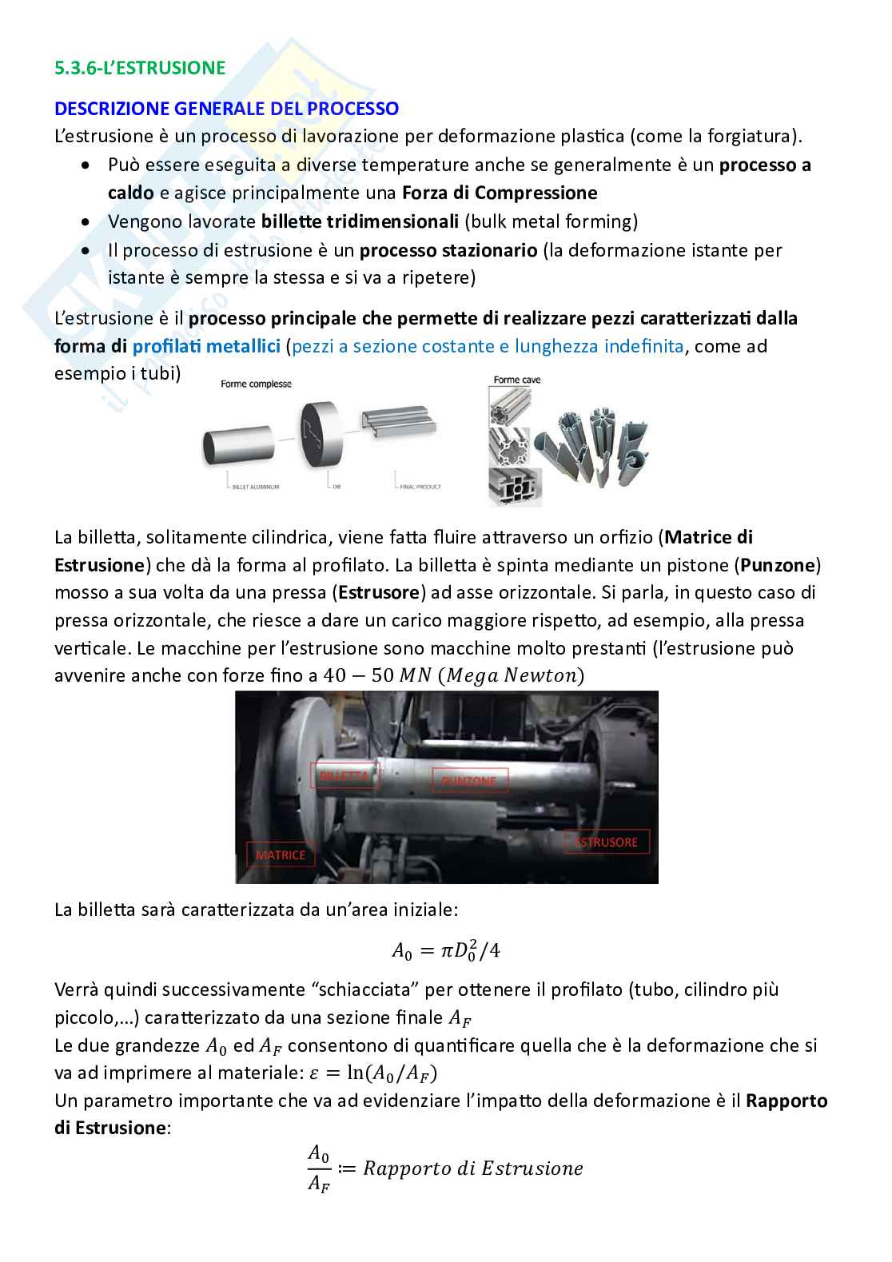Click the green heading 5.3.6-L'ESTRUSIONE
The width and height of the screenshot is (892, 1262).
click(x=140, y=68)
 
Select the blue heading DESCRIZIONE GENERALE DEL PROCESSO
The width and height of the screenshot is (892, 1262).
click(x=226, y=108)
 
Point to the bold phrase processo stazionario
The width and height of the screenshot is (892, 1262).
click(x=448, y=250)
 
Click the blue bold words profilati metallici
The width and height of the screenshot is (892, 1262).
click(x=206, y=346)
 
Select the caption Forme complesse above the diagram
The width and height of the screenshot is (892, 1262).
click(x=257, y=384)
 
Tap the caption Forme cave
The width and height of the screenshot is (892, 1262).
click(x=517, y=380)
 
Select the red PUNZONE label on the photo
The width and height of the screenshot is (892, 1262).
click(x=469, y=780)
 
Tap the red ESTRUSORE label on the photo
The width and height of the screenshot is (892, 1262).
click(x=606, y=842)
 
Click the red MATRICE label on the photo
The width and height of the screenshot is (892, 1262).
click(x=281, y=854)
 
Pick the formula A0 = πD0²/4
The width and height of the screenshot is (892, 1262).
click(x=446, y=950)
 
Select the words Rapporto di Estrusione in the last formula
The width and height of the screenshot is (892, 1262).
click(x=473, y=1168)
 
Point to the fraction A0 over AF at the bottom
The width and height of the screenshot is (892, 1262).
click(x=318, y=1168)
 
